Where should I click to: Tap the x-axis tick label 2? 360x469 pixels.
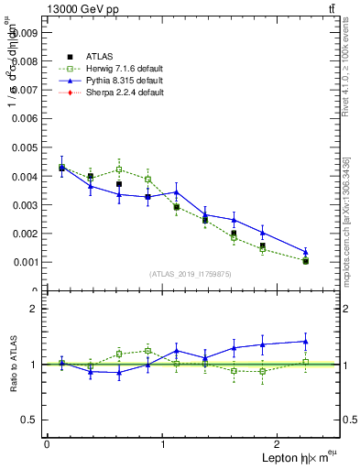279,444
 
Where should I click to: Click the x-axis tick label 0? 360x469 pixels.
47,444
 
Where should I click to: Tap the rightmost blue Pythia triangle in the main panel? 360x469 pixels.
306,252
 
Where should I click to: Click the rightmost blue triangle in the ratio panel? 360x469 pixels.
306,342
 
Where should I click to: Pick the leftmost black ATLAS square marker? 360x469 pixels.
61,169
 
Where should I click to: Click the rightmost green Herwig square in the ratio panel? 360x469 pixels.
306,362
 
